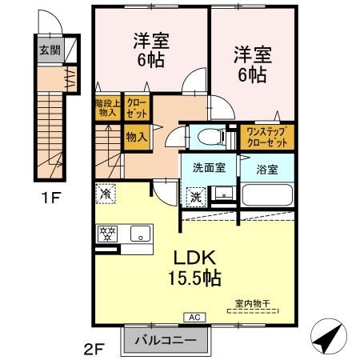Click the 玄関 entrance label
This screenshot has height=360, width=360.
50,50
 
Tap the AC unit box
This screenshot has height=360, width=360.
194,318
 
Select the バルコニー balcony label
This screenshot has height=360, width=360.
166,340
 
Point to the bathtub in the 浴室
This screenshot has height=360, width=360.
267,194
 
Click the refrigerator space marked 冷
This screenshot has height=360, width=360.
106,194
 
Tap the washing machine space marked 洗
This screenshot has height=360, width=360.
196,197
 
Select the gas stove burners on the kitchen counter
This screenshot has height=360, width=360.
107,234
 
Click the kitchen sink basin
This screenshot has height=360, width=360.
140,234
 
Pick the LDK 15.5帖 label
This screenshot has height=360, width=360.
194,268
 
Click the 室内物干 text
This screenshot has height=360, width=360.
253,303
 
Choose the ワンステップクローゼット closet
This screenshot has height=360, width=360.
267,137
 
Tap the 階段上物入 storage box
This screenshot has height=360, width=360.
108,108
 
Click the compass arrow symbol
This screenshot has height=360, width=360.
329,337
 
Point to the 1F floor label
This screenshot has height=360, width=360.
51,198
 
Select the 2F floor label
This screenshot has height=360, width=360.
94,349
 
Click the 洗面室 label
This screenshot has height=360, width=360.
210,168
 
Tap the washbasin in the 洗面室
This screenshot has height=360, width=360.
223,193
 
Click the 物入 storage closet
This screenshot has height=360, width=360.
137,137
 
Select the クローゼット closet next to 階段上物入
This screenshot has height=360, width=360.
137,108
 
